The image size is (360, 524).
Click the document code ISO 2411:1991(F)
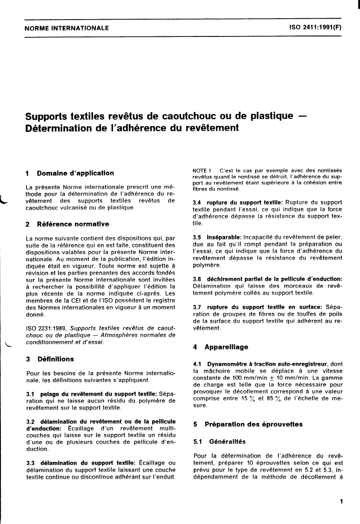point(316,28)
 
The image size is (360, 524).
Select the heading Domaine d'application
point(75,173)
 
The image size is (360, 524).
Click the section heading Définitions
point(56,359)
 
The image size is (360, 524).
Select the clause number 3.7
point(198,308)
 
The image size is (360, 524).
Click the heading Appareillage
point(226,347)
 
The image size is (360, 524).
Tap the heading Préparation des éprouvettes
point(247,425)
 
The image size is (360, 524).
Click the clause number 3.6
point(198,278)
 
